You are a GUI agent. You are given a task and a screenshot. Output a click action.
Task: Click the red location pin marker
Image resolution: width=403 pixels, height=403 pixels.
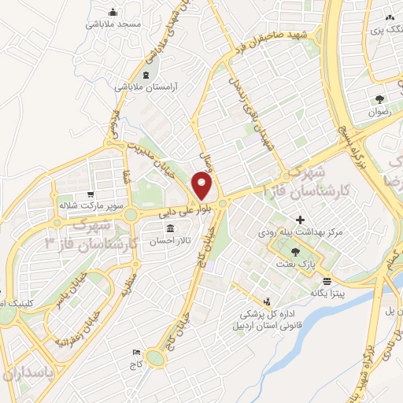202,187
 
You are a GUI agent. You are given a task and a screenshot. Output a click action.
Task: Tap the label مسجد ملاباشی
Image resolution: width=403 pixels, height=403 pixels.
114,24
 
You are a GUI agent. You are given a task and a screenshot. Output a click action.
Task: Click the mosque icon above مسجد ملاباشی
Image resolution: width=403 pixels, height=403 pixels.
114,12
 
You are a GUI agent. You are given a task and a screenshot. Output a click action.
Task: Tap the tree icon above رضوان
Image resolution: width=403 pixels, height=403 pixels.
379,100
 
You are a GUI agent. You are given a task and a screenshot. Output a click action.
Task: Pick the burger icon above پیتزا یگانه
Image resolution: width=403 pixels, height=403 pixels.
327,279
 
